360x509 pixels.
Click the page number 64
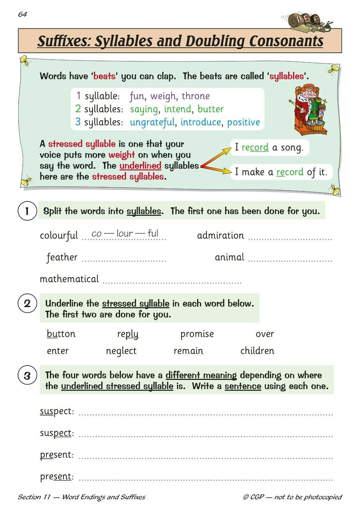[x=23, y=15]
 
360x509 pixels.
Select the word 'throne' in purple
[x=195, y=96]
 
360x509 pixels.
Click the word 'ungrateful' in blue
[x=152, y=122]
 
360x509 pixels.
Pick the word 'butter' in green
[x=210, y=109]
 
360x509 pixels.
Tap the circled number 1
[x=27, y=211]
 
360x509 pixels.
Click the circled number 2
[x=27, y=303]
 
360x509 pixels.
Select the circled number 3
[x=27, y=376]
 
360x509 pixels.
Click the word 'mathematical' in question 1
[x=69, y=279]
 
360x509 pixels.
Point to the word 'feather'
[x=62, y=257]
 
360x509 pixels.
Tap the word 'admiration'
[x=220, y=235]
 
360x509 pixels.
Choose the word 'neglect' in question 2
[x=121, y=351]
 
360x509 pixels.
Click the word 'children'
[x=257, y=351]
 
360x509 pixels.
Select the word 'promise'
[x=197, y=334]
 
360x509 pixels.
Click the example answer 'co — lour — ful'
[x=125, y=234]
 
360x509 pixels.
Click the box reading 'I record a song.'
[x=269, y=148]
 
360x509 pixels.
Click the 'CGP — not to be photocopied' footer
[x=292, y=497]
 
